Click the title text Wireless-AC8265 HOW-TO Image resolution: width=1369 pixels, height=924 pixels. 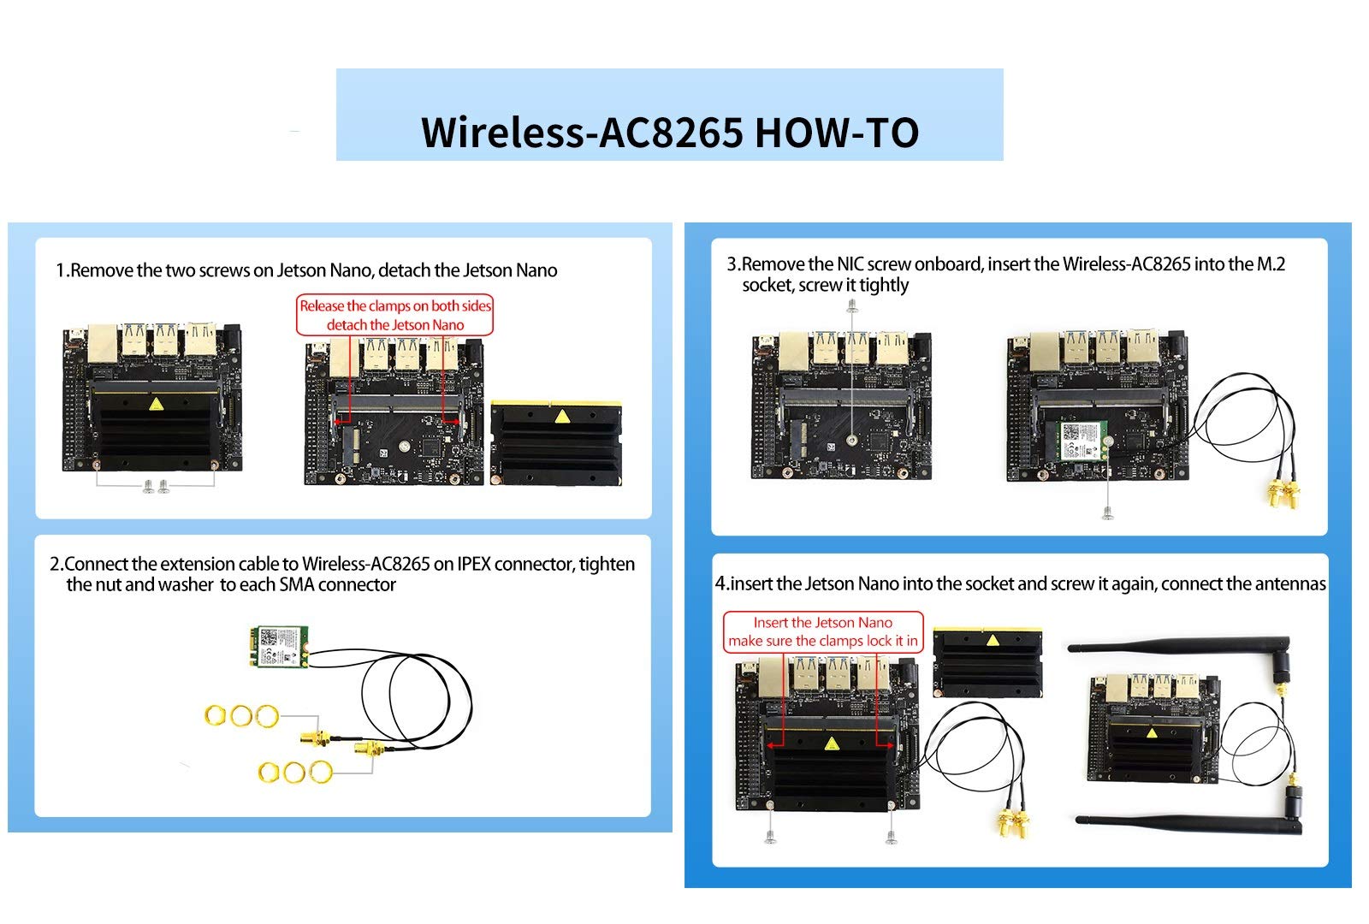pyautogui.click(x=670, y=132)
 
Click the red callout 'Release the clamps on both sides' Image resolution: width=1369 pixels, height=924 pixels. pyautogui.click(x=394, y=305)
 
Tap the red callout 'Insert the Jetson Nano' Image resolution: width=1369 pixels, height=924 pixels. pyautogui.click(x=822, y=622)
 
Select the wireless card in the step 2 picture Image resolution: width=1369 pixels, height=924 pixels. pyautogui.click(x=279, y=646)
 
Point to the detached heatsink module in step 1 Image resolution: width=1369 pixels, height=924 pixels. pyautogui.click(x=556, y=442)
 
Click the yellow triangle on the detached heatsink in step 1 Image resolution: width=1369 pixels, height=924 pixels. pyautogui.click(x=561, y=416)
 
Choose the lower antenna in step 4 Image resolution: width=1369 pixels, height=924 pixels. pyautogui.click(x=1188, y=813)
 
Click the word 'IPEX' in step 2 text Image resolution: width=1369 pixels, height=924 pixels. pyautogui.click(x=474, y=564)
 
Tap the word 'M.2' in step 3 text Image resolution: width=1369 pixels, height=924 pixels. pyautogui.click(x=1271, y=264)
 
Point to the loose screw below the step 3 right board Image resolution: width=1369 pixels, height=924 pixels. pyautogui.click(x=1107, y=513)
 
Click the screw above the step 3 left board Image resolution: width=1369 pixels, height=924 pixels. pyautogui.click(x=852, y=305)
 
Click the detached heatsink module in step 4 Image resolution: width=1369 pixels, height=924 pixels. pyautogui.click(x=987, y=662)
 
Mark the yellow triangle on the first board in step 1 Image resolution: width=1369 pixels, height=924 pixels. pyautogui.click(x=156, y=404)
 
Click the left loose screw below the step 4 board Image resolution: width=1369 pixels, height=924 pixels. pyautogui.click(x=770, y=838)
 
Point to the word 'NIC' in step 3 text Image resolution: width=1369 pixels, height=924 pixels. pyautogui.click(x=850, y=264)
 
